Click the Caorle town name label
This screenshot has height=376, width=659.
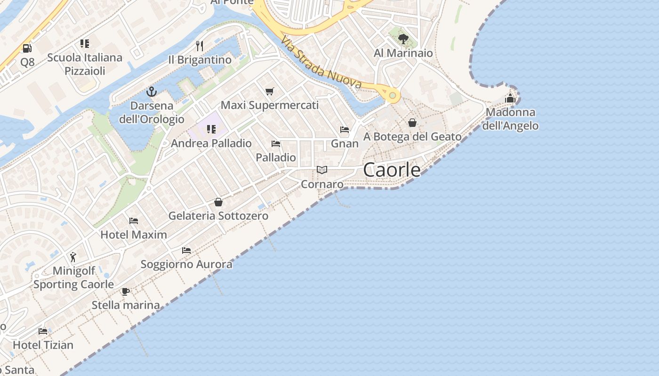point(392,170)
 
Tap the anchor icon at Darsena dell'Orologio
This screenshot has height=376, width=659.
point(151,91)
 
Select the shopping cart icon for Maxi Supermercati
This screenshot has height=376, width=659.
point(269,91)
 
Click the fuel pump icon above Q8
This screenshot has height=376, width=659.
point(27,48)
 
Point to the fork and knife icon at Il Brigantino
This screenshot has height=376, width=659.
point(200,46)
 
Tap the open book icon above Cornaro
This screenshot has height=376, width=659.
point(322,170)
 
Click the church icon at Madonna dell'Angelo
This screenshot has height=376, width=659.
point(510,98)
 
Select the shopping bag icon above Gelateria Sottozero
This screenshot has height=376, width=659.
point(218,202)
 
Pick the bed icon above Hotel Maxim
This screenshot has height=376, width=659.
point(134,220)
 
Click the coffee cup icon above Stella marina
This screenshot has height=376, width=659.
point(125,291)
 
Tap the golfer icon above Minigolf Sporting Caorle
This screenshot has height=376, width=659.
point(73,257)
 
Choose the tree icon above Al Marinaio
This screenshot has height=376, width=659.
point(403,39)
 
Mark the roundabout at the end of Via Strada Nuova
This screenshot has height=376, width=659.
point(392,95)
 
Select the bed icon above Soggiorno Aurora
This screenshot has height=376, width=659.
point(186,250)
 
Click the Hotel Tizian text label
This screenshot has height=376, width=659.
point(43,345)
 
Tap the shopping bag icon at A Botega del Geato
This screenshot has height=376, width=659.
point(412,123)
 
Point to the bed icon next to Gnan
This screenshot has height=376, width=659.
point(345,129)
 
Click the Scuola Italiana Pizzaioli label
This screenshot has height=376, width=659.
point(85,64)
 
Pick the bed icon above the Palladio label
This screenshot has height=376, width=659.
point(276,143)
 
